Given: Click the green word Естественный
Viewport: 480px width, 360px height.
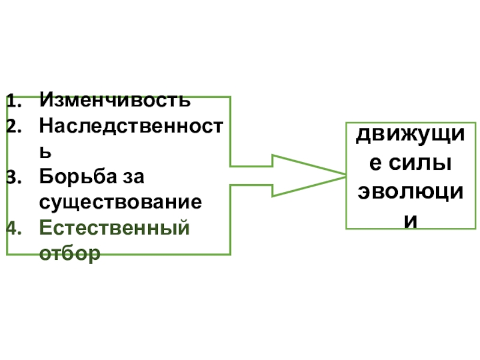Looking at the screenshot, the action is (x=114, y=229).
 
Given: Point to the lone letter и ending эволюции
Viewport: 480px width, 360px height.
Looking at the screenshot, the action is (x=410, y=219).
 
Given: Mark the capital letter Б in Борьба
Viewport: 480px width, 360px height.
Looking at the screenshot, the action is (x=46, y=178).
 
